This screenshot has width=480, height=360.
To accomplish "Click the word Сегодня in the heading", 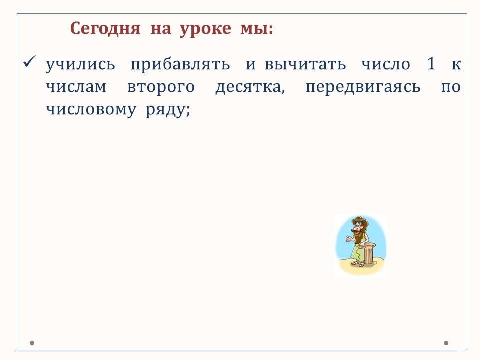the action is click(105, 29).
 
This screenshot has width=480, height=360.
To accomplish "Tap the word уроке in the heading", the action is click(205, 29).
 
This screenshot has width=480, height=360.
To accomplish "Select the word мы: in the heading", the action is click(257, 29).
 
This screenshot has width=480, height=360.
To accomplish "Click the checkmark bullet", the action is click(29, 61).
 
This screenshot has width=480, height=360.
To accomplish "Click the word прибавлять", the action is click(180, 64).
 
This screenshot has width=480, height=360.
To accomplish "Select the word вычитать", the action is click(305, 64).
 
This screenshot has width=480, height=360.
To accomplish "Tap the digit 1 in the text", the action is click(431, 64).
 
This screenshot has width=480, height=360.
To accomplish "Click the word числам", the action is click(76, 87).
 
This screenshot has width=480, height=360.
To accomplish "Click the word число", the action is click(386, 64).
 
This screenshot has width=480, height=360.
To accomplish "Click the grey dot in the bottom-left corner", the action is click(32, 343).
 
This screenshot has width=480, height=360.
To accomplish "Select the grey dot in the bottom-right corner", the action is click(446, 343).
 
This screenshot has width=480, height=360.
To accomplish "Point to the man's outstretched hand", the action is click(348, 239).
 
